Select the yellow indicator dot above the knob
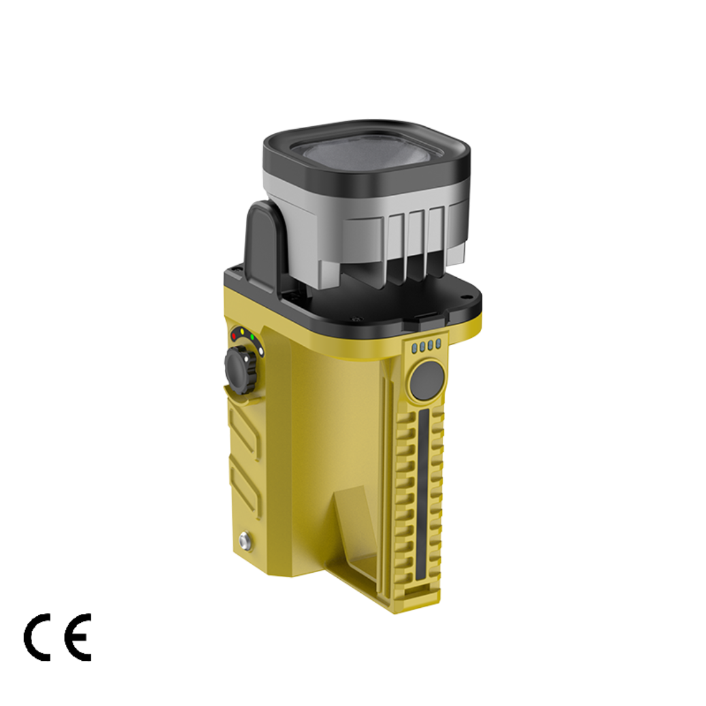(243, 332)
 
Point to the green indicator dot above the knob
(252, 337)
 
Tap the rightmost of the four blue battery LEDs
(437, 346)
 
